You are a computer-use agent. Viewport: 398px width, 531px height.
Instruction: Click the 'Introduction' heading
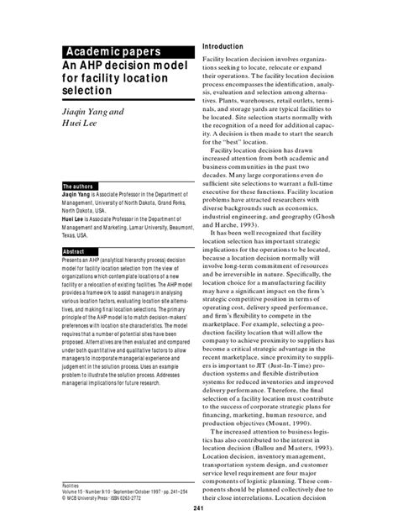tap(224, 45)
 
